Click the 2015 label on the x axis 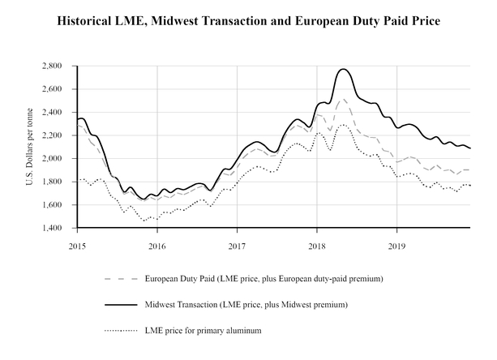coord(78,244)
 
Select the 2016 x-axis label coord(157,244)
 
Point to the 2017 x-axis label coord(237,244)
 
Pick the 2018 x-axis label coord(317,244)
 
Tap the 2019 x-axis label coord(396,244)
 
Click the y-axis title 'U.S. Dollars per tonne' coord(30,147)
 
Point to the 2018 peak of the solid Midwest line coord(343,70)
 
